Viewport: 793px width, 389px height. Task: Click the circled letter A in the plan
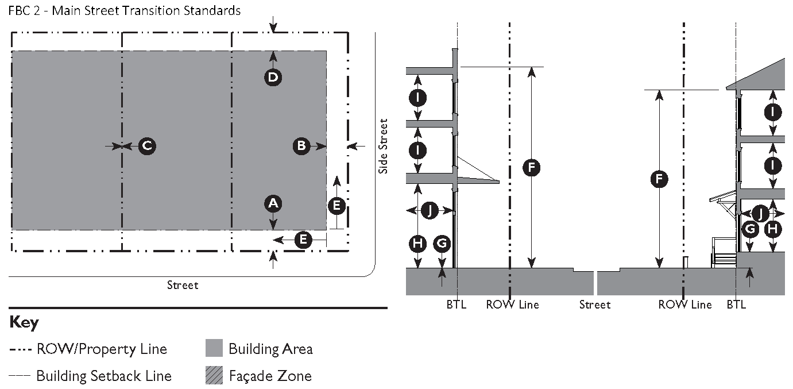tap(273, 203)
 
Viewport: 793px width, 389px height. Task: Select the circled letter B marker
tap(301, 146)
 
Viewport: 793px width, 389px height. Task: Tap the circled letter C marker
tap(147, 146)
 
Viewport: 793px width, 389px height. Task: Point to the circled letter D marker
tap(273, 77)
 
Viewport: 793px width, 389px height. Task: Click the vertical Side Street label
tap(384, 146)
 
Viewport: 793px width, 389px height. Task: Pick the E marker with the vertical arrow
tap(336, 205)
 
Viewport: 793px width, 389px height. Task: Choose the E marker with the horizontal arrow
tap(303, 240)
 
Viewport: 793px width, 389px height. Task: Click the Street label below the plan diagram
tap(183, 285)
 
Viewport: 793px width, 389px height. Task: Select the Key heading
tap(24, 323)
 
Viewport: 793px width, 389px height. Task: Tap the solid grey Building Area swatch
tap(214, 348)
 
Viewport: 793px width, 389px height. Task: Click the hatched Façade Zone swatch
tap(214, 376)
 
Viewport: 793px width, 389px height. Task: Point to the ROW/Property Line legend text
tap(102, 349)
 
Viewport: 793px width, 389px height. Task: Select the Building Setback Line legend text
tap(104, 376)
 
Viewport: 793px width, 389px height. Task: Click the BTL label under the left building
tap(457, 305)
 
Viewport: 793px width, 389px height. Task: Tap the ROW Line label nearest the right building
tap(685, 305)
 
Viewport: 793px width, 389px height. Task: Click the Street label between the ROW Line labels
tap(595, 305)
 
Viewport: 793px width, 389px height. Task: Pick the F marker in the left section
tap(532, 167)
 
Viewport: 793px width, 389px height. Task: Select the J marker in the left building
tap(430, 211)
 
